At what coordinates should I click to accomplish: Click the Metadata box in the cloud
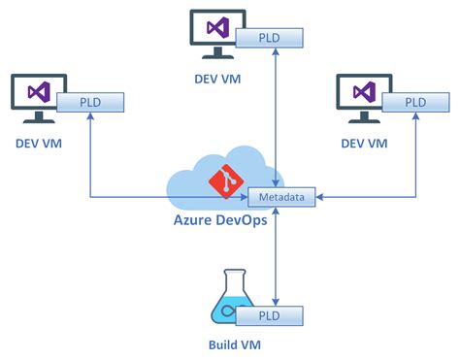pyautogui.click(x=279, y=197)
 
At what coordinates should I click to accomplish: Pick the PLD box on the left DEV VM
pyautogui.click(x=90, y=102)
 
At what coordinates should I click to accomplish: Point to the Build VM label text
pyautogui.click(x=234, y=344)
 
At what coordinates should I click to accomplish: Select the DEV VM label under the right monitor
pyautogui.click(x=364, y=143)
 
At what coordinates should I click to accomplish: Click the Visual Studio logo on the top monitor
pyautogui.click(x=217, y=25)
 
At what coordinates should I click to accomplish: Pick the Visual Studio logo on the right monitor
pyautogui.click(x=364, y=91)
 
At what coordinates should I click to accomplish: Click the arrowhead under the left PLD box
pyautogui.click(x=90, y=117)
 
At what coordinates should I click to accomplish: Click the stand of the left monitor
pyautogui.click(x=39, y=118)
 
